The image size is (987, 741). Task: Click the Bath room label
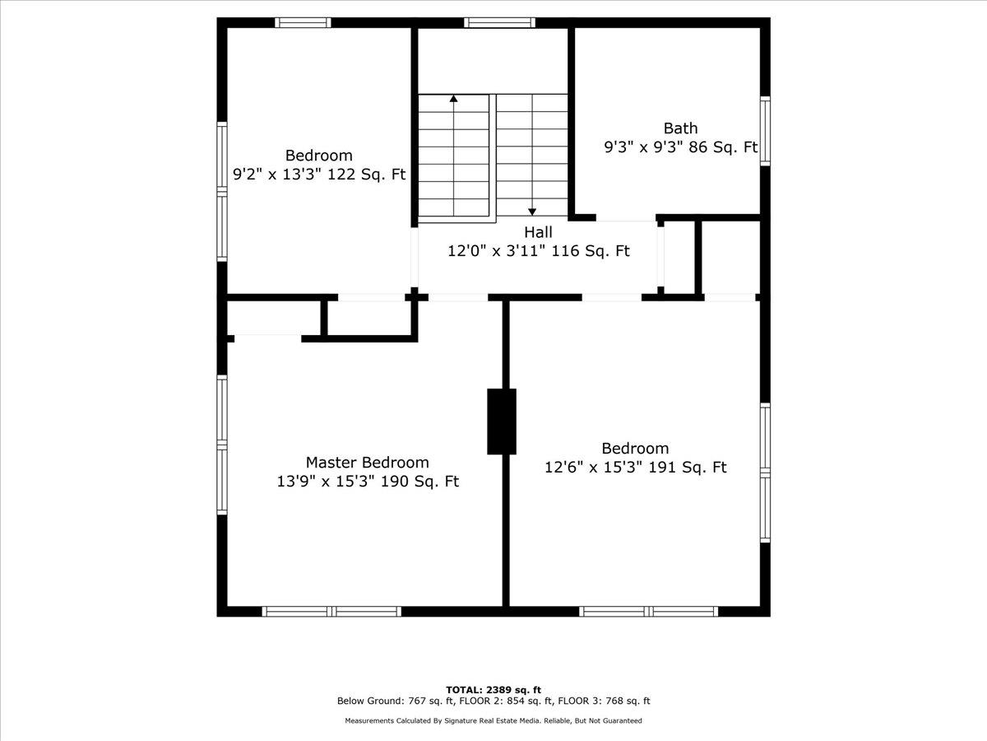680,128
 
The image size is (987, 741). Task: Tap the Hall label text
538,232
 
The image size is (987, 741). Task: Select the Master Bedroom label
368,462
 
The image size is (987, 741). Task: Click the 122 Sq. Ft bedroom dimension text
366,174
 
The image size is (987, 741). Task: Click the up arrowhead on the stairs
454,98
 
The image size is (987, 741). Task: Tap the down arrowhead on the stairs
532,212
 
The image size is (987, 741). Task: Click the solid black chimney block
502,422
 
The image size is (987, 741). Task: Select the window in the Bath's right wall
765,131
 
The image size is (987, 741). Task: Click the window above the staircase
499,22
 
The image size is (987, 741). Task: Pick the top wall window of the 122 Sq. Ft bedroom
303,22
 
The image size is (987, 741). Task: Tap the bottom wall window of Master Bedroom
331,612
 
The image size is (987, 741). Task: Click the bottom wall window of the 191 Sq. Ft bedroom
648,612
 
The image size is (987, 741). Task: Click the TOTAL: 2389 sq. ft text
493,690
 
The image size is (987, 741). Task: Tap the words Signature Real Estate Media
493,720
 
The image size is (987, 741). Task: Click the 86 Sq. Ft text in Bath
723,147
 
